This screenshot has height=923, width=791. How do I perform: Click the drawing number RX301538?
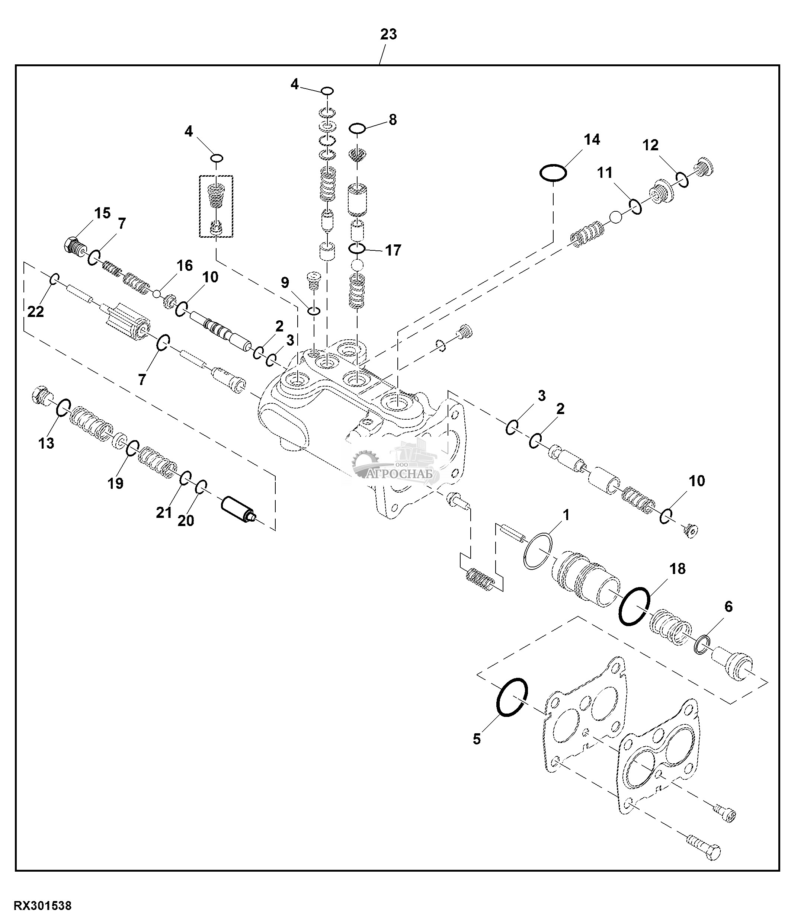coord(43,906)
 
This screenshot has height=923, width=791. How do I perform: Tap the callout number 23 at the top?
coord(388,34)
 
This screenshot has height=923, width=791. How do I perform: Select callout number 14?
coord(592,140)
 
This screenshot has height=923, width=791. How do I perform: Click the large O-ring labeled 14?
coord(553,172)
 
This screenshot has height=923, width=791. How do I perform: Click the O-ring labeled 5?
coord(512,698)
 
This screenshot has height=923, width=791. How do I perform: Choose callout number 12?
coord(650,145)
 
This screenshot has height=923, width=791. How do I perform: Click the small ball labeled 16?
coord(157,294)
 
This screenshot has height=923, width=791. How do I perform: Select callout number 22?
coord(36,311)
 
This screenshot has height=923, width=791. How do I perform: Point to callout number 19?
coord(115,483)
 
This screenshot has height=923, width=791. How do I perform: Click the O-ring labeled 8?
coord(357,129)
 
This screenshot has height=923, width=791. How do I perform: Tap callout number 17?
coord(393,250)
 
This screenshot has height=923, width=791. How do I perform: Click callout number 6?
coord(728,606)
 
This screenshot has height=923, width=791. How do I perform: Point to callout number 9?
coord(285,282)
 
